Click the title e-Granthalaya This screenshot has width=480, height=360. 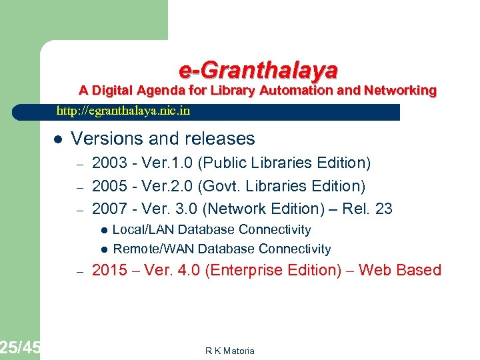258,69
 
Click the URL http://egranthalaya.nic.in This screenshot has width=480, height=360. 123,111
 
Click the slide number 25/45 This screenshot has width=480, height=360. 20,347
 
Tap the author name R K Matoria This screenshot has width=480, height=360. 230,351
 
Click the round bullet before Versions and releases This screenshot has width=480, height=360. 58,139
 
